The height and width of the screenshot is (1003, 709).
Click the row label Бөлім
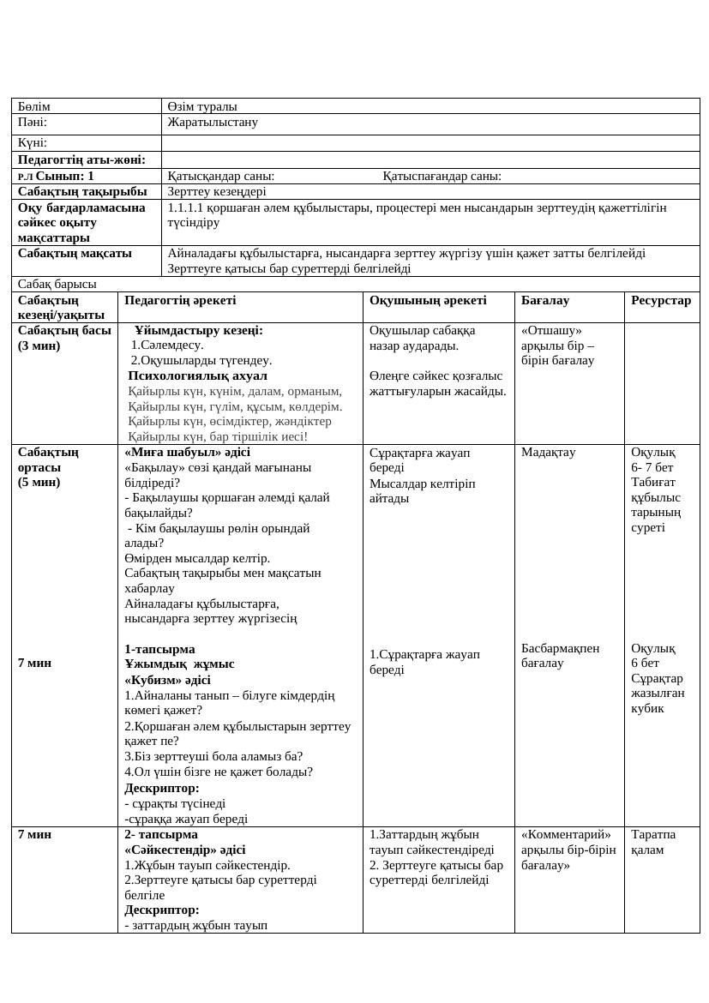coord(34,106)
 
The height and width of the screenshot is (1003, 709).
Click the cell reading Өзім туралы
coord(202,106)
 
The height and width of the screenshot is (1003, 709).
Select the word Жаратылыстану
coord(213,122)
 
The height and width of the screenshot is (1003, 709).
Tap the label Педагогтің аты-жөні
coord(81,159)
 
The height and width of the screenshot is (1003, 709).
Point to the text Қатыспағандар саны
coord(442,176)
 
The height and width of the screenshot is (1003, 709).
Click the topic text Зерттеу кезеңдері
coord(217,191)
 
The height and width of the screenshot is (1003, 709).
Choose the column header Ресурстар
coord(661,300)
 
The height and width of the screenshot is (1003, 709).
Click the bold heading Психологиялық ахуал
coord(197,375)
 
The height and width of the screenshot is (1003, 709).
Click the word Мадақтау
coord(549,452)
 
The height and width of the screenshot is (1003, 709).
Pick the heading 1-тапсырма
coord(159,649)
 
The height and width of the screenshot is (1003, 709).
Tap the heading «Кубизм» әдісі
coord(167,680)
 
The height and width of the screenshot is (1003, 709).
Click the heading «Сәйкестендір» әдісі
coord(185,850)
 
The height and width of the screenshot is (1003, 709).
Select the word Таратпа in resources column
coord(653,834)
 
